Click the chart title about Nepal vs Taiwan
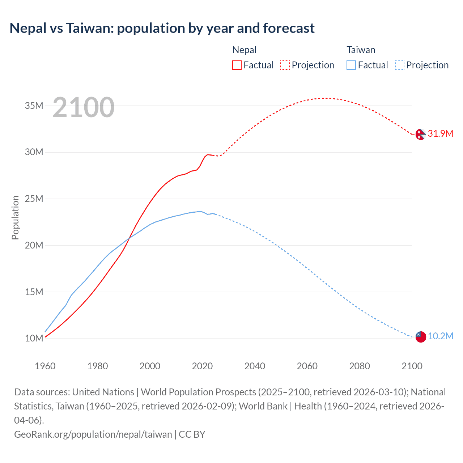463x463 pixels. tap(162, 28)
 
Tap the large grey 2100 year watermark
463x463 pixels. tap(84, 107)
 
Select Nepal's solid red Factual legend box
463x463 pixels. tap(237, 65)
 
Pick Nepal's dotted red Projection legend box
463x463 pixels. tap(285, 65)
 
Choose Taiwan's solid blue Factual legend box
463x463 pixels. tap(351, 65)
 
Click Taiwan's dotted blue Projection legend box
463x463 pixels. tap(399, 65)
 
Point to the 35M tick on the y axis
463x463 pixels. tap(34, 106)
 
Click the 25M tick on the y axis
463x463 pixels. tap(34, 199)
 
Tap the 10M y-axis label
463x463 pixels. tap(34, 338)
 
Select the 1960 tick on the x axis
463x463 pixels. tap(45, 366)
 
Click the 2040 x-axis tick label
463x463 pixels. tap(255, 366)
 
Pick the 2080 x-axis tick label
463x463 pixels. tap(360, 366)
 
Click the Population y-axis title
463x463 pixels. tap(15, 217)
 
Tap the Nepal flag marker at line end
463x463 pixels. tap(420, 134)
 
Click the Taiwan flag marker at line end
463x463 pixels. tap(421, 337)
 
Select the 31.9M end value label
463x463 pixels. tap(440, 133)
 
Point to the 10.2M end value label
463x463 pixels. tap(440, 336)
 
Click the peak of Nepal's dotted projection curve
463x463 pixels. tap(325, 98)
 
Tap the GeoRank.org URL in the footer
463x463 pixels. tap(93, 434)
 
